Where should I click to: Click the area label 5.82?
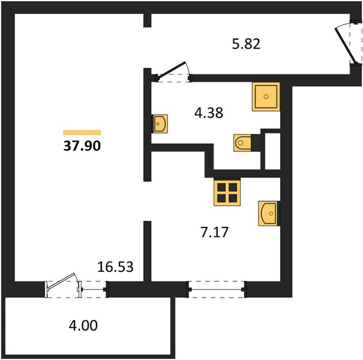(x=246, y=44)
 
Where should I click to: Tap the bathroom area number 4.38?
(x=209, y=113)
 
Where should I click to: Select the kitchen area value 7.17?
(x=215, y=232)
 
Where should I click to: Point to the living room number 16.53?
(x=115, y=266)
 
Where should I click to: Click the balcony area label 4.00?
(x=83, y=325)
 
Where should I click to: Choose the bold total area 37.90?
(x=82, y=146)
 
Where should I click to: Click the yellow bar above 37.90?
(x=82, y=133)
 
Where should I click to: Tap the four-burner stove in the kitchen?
(x=227, y=191)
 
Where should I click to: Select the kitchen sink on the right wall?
(x=269, y=214)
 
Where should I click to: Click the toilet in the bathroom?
(x=242, y=143)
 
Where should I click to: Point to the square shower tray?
(x=266, y=97)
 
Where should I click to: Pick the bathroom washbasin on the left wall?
(x=160, y=124)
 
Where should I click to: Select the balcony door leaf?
(x=62, y=281)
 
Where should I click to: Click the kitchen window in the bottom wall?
(x=216, y=289)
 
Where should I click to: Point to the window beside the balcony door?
(x=92, y=289)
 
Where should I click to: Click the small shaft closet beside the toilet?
(x=272, y=151)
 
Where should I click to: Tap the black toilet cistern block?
(x=256, y=143)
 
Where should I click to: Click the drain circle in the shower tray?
(x=266, y=97)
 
